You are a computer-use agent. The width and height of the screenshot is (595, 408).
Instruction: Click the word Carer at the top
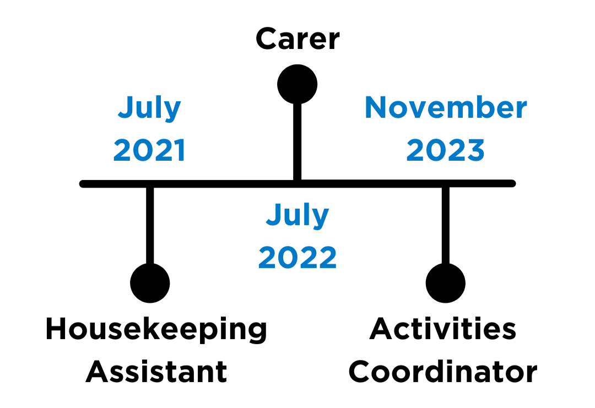297,39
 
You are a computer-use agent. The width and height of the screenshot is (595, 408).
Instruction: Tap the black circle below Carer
297,84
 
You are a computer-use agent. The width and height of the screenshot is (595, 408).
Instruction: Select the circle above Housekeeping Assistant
150,283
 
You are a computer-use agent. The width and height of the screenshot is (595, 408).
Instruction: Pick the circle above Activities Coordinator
446,283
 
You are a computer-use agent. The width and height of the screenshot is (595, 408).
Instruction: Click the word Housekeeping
156,329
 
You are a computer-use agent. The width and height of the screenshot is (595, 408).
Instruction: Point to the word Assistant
156,372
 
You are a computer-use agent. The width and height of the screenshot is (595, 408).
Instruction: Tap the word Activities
443,328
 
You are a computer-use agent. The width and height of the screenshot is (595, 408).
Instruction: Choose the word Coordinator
443,372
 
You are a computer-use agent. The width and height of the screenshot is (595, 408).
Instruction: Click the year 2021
149,150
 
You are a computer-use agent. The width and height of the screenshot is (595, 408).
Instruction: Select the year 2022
297,258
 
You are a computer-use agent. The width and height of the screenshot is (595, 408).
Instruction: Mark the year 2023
446,150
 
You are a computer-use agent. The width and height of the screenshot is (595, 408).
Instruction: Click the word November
446,107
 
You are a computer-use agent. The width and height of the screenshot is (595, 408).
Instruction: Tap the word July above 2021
149,109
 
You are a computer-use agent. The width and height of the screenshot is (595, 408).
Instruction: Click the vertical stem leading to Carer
297,142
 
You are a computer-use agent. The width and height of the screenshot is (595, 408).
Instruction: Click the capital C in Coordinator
359,372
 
